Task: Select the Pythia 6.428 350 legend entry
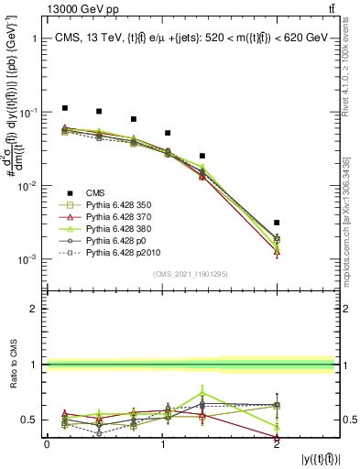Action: click(x=117, y=204)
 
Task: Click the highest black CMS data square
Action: click(x=64, y=108)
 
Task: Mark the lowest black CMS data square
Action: click(x=277, y=223)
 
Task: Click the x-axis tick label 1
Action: click(x=162, y=444)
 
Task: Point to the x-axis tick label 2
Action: click(x=277, y=444)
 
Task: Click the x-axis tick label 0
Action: click(x=47, y=444)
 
